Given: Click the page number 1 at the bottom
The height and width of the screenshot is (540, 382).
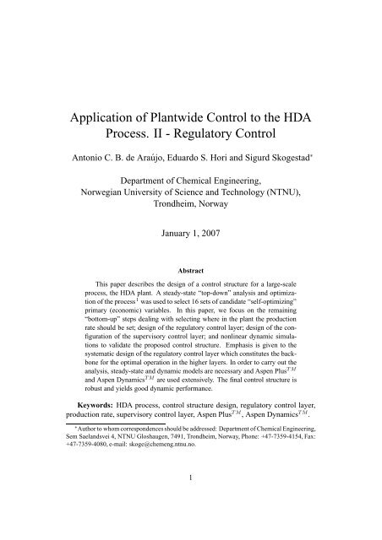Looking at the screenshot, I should (x=191, y=522).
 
